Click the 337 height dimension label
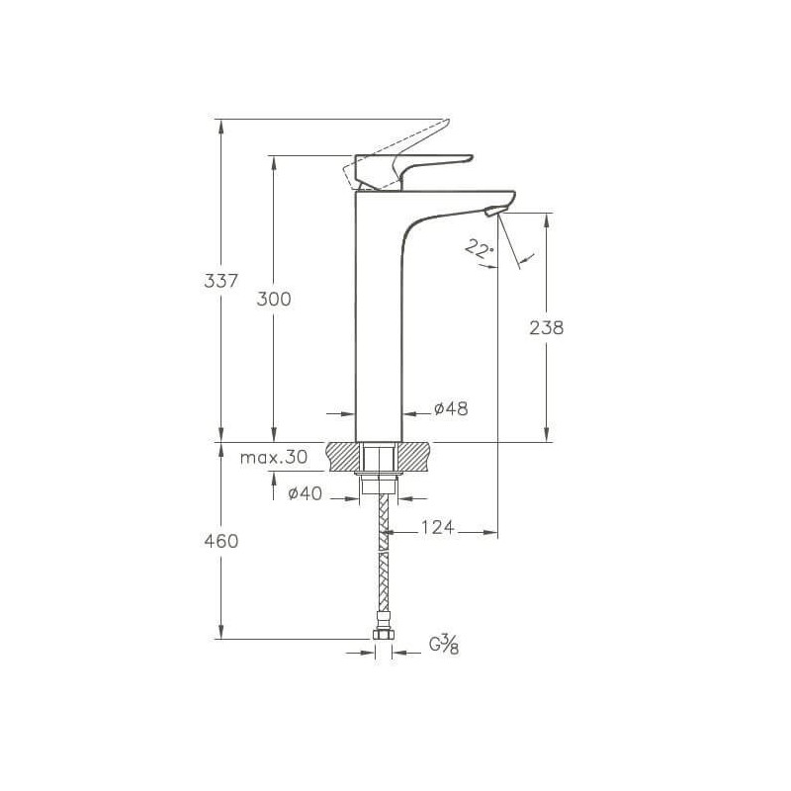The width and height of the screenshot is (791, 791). (220, 281)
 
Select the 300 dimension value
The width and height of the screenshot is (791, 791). (274, 300)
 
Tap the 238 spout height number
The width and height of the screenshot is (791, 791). (547, 328)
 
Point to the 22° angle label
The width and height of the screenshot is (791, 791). (479, 249)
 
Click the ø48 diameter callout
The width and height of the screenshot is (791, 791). (451, 408)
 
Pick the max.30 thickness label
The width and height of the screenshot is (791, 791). (274, 458)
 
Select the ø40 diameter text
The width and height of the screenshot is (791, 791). (305, 492)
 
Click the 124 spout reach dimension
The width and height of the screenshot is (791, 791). (437, 527)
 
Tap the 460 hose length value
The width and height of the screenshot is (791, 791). (220, 541)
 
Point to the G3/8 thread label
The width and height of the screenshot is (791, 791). (444, 645)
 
